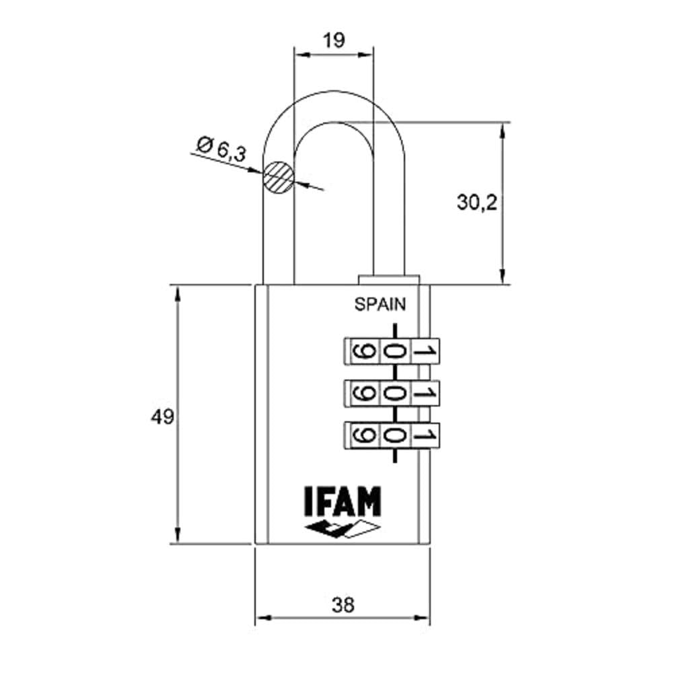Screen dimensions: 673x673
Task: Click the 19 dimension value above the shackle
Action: coord(334,40)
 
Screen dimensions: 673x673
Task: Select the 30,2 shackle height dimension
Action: coord(477,202)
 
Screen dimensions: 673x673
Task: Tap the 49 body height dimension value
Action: coord(162,417)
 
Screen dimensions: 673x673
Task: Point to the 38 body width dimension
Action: coord(343,605)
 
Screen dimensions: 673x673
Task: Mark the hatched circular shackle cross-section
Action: coord(279,177)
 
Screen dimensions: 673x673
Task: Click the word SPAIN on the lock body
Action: coord(380,304)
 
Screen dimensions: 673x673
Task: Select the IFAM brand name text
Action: coord(343,501)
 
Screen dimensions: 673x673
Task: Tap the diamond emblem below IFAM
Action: coord(343,529)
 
